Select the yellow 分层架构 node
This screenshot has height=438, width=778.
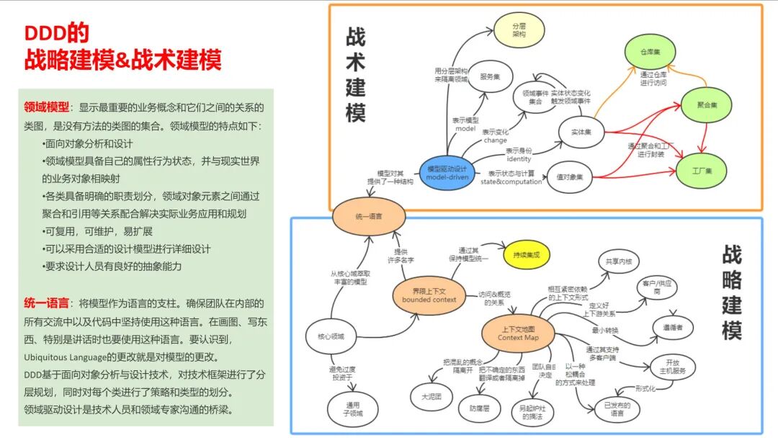[x=519, y=30]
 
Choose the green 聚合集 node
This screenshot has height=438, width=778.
[x=707, y=105]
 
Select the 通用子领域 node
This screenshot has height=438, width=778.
[x=352, y=409]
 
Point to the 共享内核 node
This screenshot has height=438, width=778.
[x=618, y=261]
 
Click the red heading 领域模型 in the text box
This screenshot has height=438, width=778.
[x=47, y=107]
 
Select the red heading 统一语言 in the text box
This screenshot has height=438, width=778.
[x=47, y=303]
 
